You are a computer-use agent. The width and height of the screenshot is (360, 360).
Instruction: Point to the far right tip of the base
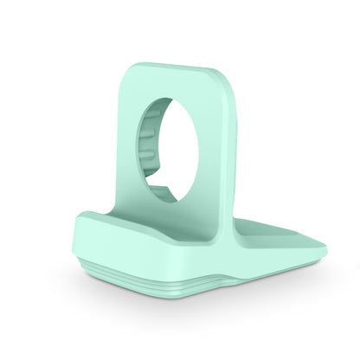326,255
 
